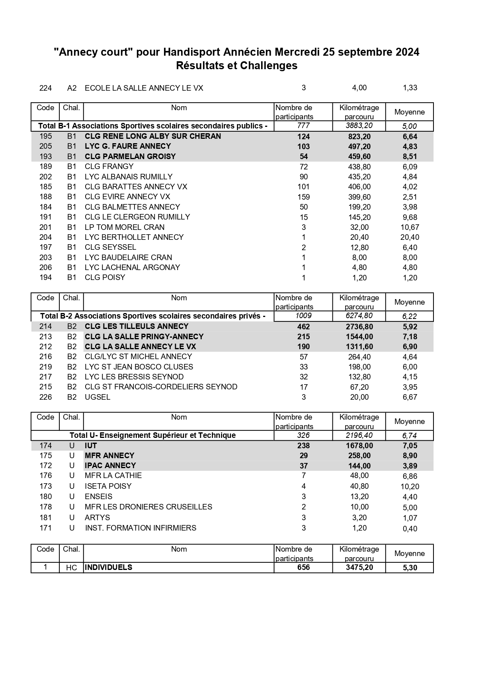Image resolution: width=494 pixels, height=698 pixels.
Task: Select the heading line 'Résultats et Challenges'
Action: coord(236,66)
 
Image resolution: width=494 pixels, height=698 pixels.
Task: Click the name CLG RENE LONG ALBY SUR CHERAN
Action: coord(152,136)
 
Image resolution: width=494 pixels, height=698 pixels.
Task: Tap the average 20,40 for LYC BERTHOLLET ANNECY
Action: coord(410,237)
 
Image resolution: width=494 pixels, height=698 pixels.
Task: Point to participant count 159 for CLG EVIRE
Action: coord(303,197)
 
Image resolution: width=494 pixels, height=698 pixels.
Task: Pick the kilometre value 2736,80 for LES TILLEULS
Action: coord(359,327)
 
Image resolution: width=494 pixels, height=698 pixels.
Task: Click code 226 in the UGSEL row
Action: coord(45,397)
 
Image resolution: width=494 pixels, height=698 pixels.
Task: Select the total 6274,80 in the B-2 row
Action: coord(359,316)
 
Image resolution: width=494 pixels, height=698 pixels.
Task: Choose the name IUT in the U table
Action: coord(91,446)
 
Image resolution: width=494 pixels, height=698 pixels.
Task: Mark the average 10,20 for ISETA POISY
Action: coord(410,486)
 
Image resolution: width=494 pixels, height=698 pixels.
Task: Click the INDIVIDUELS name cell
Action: coord(108,568)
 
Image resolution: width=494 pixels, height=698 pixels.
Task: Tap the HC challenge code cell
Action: coord(71,568)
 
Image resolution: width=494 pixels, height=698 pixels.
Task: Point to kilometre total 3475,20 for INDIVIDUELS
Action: coord(359,568)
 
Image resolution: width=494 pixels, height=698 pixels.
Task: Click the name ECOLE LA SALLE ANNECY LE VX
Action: coord(144,88)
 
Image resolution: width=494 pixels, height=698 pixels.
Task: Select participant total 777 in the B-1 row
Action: coord(303,126)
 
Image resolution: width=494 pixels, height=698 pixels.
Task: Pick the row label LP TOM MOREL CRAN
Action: coord(124,227)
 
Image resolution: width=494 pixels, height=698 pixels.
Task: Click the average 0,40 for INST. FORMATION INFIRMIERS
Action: coord(410,529)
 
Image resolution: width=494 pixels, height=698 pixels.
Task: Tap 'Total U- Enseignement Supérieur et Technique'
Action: coord(152,436)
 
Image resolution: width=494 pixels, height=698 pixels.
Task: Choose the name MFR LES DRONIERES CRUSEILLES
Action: coord(148,507)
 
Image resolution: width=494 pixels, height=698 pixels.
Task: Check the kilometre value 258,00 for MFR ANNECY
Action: coord(359,456)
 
